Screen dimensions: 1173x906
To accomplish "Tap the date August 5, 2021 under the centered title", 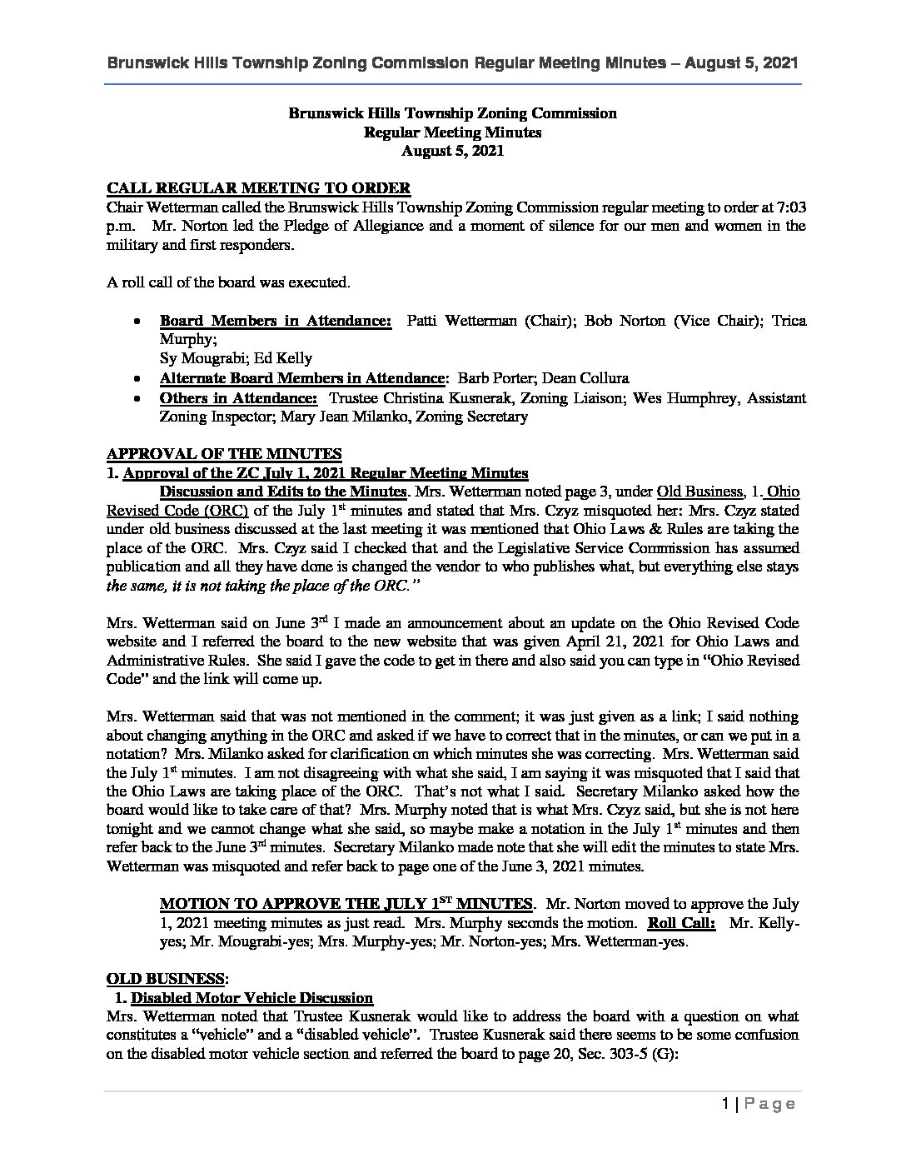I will click(452, 151).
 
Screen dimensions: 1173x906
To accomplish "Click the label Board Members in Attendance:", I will click(276, 321).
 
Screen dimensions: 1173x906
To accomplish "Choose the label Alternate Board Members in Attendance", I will click(302, 378).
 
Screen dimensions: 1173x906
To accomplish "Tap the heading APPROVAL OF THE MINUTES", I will click(224, 454).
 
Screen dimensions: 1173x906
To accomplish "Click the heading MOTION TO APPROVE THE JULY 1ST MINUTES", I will click(346, 904).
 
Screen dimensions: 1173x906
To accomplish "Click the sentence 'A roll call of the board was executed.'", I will click(228, 282).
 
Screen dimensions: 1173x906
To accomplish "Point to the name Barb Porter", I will click(496, 378).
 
